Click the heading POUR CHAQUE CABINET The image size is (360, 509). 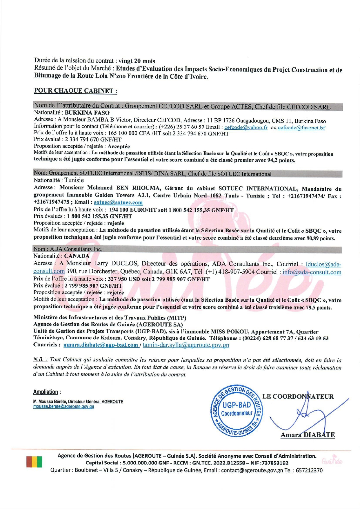pos(75,90)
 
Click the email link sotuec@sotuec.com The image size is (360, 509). pos(118,202)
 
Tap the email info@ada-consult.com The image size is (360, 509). pos(312,272)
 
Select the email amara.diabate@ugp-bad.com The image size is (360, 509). pos(101,345)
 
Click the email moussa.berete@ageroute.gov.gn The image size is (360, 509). pos(63,407)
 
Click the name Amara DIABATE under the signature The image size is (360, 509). pos(308,435)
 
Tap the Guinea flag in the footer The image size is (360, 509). pos(34,461)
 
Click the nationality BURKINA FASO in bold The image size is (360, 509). pos(87,113)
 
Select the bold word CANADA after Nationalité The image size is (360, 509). pos(77,256)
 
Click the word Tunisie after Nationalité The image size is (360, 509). pos(74,180)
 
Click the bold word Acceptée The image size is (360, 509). pos(119,146)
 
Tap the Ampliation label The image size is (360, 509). pos(46,392)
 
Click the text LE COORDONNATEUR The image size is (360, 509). pos(298,396)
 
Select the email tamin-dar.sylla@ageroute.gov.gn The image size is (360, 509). pos(186,345)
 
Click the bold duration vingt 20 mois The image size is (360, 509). pos(137,61)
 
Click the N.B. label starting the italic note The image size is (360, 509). pos(40,360)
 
